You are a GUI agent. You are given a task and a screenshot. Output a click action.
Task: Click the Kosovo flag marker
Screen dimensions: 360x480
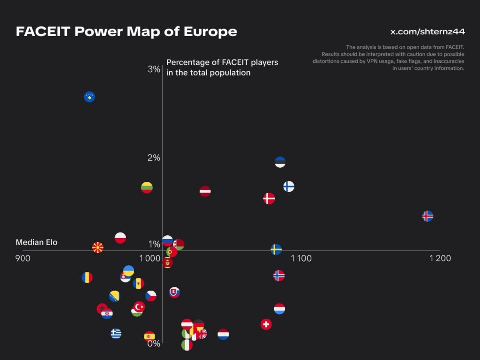tap(89, 97)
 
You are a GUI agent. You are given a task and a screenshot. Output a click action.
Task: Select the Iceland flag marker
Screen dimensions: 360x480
tap(427, 216)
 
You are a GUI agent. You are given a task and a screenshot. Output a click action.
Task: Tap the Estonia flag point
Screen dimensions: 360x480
tap(280, 162)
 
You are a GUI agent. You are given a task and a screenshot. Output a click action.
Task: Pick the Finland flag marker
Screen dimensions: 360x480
tap(289, 187)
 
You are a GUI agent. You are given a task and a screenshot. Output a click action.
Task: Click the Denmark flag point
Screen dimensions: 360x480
tap(269, 198)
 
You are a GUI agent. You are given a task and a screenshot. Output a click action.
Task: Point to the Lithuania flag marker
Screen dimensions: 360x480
tap(147, 187)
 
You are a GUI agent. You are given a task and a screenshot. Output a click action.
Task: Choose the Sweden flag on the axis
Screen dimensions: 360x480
tap(276, 249)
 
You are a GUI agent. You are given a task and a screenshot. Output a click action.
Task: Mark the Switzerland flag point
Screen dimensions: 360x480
tap(266, 324)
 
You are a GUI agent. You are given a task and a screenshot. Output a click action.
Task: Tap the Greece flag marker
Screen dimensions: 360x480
tap(116, 333)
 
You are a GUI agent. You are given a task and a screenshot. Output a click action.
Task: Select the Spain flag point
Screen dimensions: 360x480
tap(150, 336)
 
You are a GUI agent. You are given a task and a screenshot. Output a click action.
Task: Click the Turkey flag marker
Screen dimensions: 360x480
tap(139, 307)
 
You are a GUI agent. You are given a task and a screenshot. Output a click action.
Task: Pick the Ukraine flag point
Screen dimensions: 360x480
tap(128, 270)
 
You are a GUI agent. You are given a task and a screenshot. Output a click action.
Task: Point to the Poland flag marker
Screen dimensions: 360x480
tap(120, 238)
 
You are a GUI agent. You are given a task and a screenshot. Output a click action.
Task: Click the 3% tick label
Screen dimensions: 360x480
tap(154, 69)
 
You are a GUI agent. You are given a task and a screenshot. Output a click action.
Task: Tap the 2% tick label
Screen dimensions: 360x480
tap(154, 157)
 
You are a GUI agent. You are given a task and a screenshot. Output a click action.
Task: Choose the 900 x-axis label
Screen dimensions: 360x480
tap(23, 258)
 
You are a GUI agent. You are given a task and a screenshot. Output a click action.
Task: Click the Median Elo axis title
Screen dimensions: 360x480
tap(37, 242)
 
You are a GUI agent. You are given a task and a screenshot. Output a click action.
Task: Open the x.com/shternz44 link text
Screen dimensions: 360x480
tap(427, 32)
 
